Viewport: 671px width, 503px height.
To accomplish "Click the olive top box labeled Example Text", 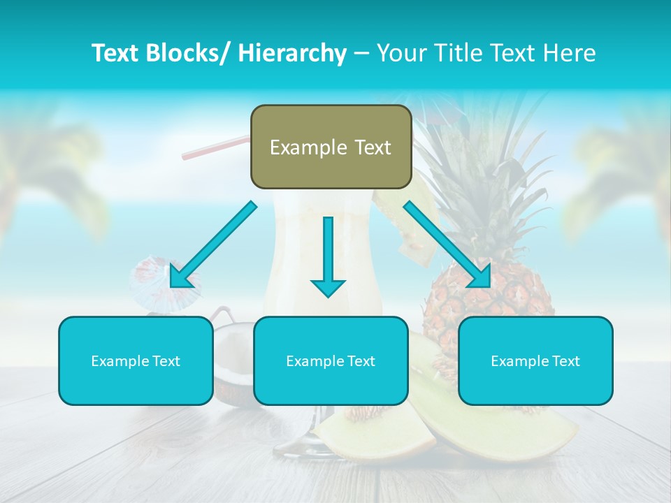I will coord(331,147).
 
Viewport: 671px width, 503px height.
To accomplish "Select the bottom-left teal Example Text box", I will coord(136,360).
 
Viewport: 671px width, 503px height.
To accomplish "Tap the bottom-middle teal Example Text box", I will coord(331,360).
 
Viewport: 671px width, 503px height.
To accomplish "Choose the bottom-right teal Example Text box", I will coord(535,360).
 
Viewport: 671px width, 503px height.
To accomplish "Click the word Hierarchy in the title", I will coord(292,53).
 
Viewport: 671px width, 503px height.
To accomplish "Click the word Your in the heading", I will coord(401,53).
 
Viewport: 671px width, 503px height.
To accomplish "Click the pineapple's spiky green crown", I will coord(482,175).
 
